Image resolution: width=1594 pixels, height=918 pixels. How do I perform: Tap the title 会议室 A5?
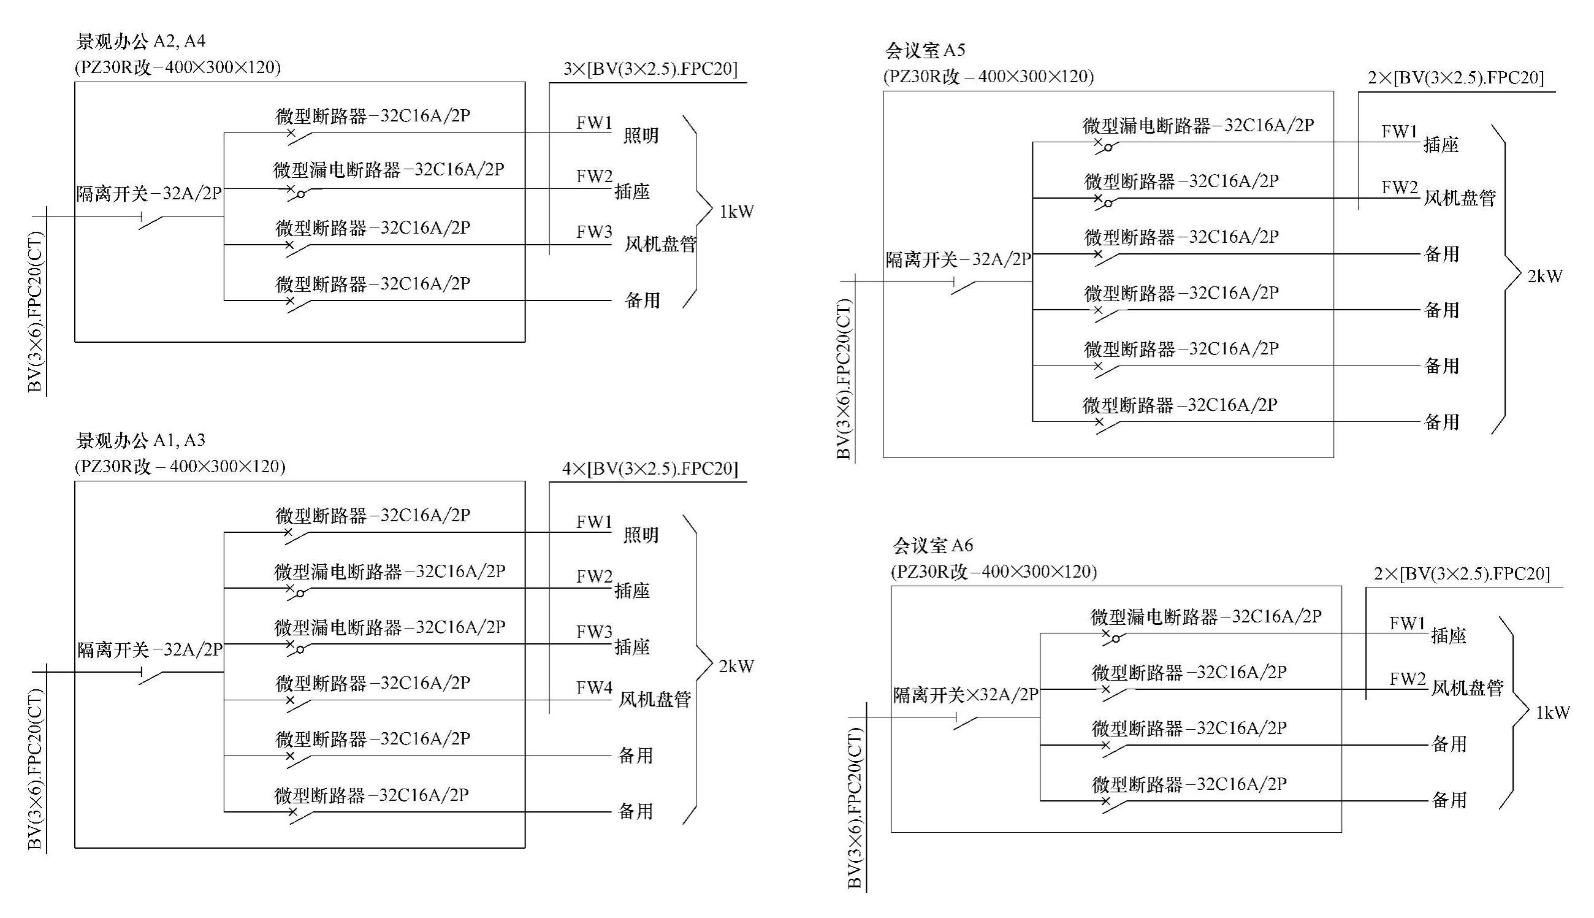point(925,50)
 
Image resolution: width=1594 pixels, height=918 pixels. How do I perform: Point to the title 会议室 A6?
point(932,545)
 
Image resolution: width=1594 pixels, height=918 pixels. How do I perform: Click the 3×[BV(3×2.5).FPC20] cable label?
point(650,69)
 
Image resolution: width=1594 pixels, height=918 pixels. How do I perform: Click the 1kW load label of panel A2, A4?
point(736,212)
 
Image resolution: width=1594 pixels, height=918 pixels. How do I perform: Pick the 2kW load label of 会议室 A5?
point(1545,276)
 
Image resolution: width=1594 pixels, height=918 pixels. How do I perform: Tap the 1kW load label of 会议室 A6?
point(1552,713)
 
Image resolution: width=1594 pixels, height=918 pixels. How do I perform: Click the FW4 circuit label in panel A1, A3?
point(593,688)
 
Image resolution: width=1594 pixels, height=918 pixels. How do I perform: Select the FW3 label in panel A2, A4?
point(593,232)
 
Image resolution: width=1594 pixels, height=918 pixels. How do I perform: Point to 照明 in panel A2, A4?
point(641,136)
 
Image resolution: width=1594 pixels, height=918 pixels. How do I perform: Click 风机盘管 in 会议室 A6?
point(1466,687)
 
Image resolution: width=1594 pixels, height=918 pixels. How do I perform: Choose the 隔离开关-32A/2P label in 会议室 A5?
point(958,259)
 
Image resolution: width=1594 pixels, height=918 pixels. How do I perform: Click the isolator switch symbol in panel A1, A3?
point(151,676)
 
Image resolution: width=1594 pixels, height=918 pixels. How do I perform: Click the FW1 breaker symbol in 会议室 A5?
point(1103,147)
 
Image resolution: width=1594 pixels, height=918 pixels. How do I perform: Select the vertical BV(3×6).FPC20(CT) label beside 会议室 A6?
point(854,808)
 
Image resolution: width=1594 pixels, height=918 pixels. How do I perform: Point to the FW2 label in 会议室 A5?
point(1399,187)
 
